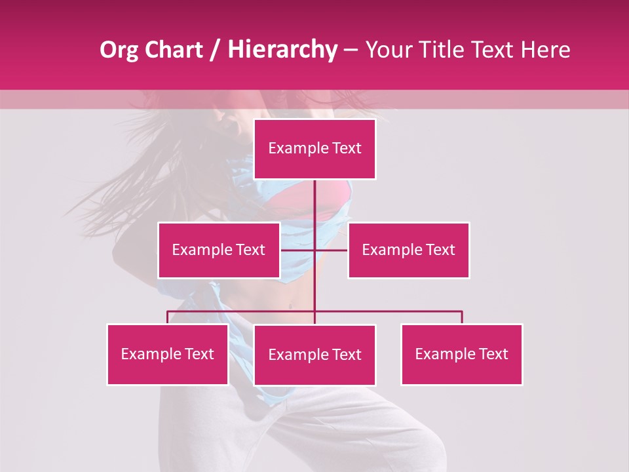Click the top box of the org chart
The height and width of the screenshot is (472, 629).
click(x=314, y=149)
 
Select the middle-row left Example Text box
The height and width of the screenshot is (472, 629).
click(x=218, y=250)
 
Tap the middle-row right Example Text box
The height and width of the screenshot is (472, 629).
click(x=408, y=250)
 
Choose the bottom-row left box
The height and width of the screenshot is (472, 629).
click(x=167, y=354)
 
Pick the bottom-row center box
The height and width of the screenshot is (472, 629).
click(x=314, y=355)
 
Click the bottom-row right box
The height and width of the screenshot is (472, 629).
click(x=461, y=354)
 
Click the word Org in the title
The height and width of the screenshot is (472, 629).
click(x=119, y=50)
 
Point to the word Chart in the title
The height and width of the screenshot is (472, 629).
click(x=173, y=50)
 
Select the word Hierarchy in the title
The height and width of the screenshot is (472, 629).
click(x=282, y=50)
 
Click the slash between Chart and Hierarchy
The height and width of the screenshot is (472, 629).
click(x=215, y=50)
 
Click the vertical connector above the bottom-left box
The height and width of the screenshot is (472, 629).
click(x=167, y=317)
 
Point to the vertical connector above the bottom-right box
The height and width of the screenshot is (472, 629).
click(x=462, y=317)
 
